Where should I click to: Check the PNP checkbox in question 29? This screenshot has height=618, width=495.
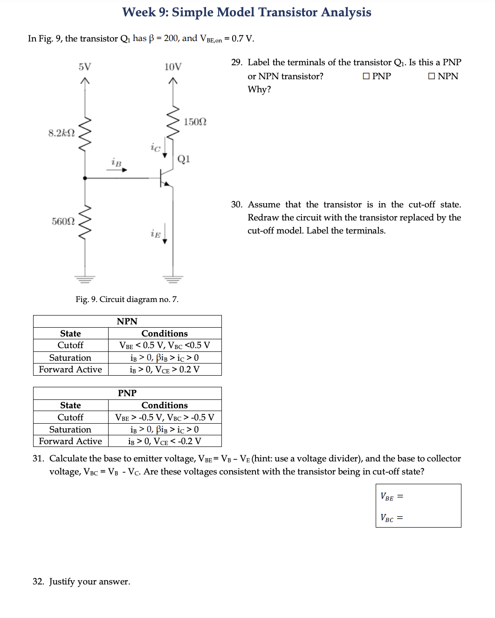[366, 76]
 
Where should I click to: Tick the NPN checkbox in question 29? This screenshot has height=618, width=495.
[431, 76]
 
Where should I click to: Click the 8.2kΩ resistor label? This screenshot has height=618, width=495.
[61, 133]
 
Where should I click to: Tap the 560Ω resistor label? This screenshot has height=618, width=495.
[63, 221]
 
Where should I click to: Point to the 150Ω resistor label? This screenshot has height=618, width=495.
[195, 122]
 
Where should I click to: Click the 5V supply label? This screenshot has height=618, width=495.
[84, 67]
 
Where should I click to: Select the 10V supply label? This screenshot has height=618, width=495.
[172, 67]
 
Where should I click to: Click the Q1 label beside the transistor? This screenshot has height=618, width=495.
[184, 159]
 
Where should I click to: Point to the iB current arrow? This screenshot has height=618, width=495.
[117, 170]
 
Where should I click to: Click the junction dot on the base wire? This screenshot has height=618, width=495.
[85, 178]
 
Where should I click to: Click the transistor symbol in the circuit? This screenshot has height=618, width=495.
[165, 179]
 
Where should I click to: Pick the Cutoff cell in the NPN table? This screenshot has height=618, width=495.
[70, 345]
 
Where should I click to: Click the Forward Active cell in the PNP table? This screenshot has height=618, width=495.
[70, 441]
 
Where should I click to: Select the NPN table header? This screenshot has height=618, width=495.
[127, 322]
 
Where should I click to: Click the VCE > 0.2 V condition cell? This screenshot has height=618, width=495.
[165, 370]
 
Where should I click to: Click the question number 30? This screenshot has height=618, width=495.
[236, 205]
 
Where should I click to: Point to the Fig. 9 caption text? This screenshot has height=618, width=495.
[127, 299]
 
